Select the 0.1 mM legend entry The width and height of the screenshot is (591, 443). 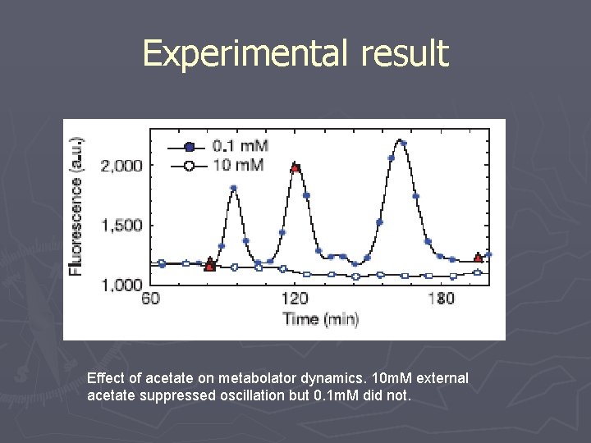239,147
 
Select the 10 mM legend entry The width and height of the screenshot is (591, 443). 238,166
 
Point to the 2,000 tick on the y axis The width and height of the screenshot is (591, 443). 121,165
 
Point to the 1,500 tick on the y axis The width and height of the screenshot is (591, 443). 121,225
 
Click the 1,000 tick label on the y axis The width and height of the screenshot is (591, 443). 121,285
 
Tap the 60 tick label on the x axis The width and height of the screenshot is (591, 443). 151,299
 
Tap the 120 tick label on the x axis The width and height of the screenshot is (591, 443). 295,299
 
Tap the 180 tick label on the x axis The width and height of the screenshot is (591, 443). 441,299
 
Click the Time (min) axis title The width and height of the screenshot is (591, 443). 320,319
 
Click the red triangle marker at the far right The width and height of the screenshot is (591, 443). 479,258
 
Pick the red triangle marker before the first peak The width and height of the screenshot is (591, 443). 210,266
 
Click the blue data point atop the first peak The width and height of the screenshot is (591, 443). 233,188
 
